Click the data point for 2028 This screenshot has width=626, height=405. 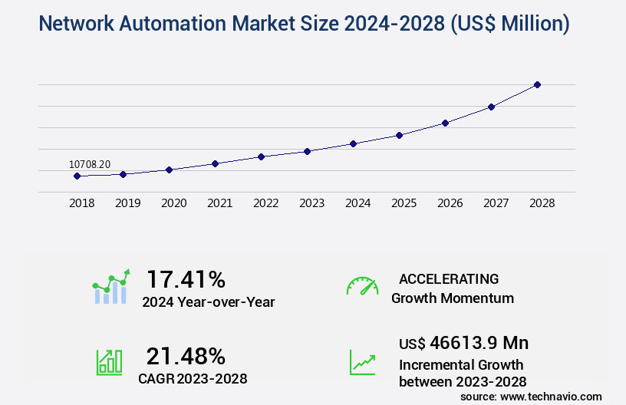tap(537, 84)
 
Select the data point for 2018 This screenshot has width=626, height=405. tap(77, 176)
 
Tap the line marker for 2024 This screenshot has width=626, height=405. tap(353, 143)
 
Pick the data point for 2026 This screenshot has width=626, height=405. tap(445, 123)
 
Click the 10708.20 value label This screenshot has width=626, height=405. tap(90, 164)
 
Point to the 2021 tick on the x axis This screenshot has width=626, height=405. tap(219, 203)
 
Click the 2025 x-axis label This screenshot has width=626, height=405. tap(404, 203)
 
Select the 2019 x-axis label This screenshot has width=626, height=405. tap(127, 203)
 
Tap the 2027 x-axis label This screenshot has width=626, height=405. tap(496, 203)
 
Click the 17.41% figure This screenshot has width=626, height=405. tap(186, 278)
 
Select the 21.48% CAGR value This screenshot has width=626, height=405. tap(186, 356)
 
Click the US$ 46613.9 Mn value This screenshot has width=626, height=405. tap(463, 342)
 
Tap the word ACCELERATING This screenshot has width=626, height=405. tap(449, 278)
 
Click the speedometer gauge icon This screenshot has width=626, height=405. tap(362, 286)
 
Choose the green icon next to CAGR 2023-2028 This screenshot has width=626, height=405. tap(109, 362)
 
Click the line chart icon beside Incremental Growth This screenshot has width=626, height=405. tap(362, 362)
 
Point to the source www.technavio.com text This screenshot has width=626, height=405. tap(531, 396)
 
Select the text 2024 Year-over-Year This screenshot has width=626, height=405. tap(208, 302)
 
